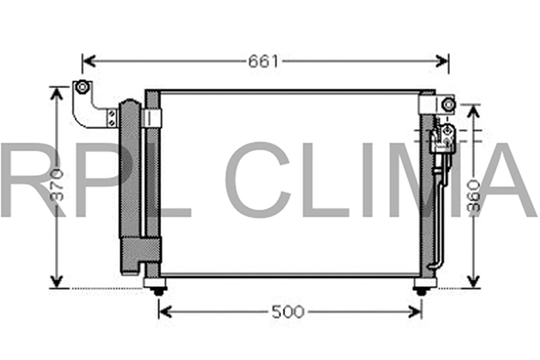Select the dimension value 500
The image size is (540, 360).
(x=288, y=311)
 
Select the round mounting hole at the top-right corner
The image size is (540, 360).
(x=446, y=105)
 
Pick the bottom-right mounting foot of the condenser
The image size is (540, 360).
(x=421, y=287)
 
